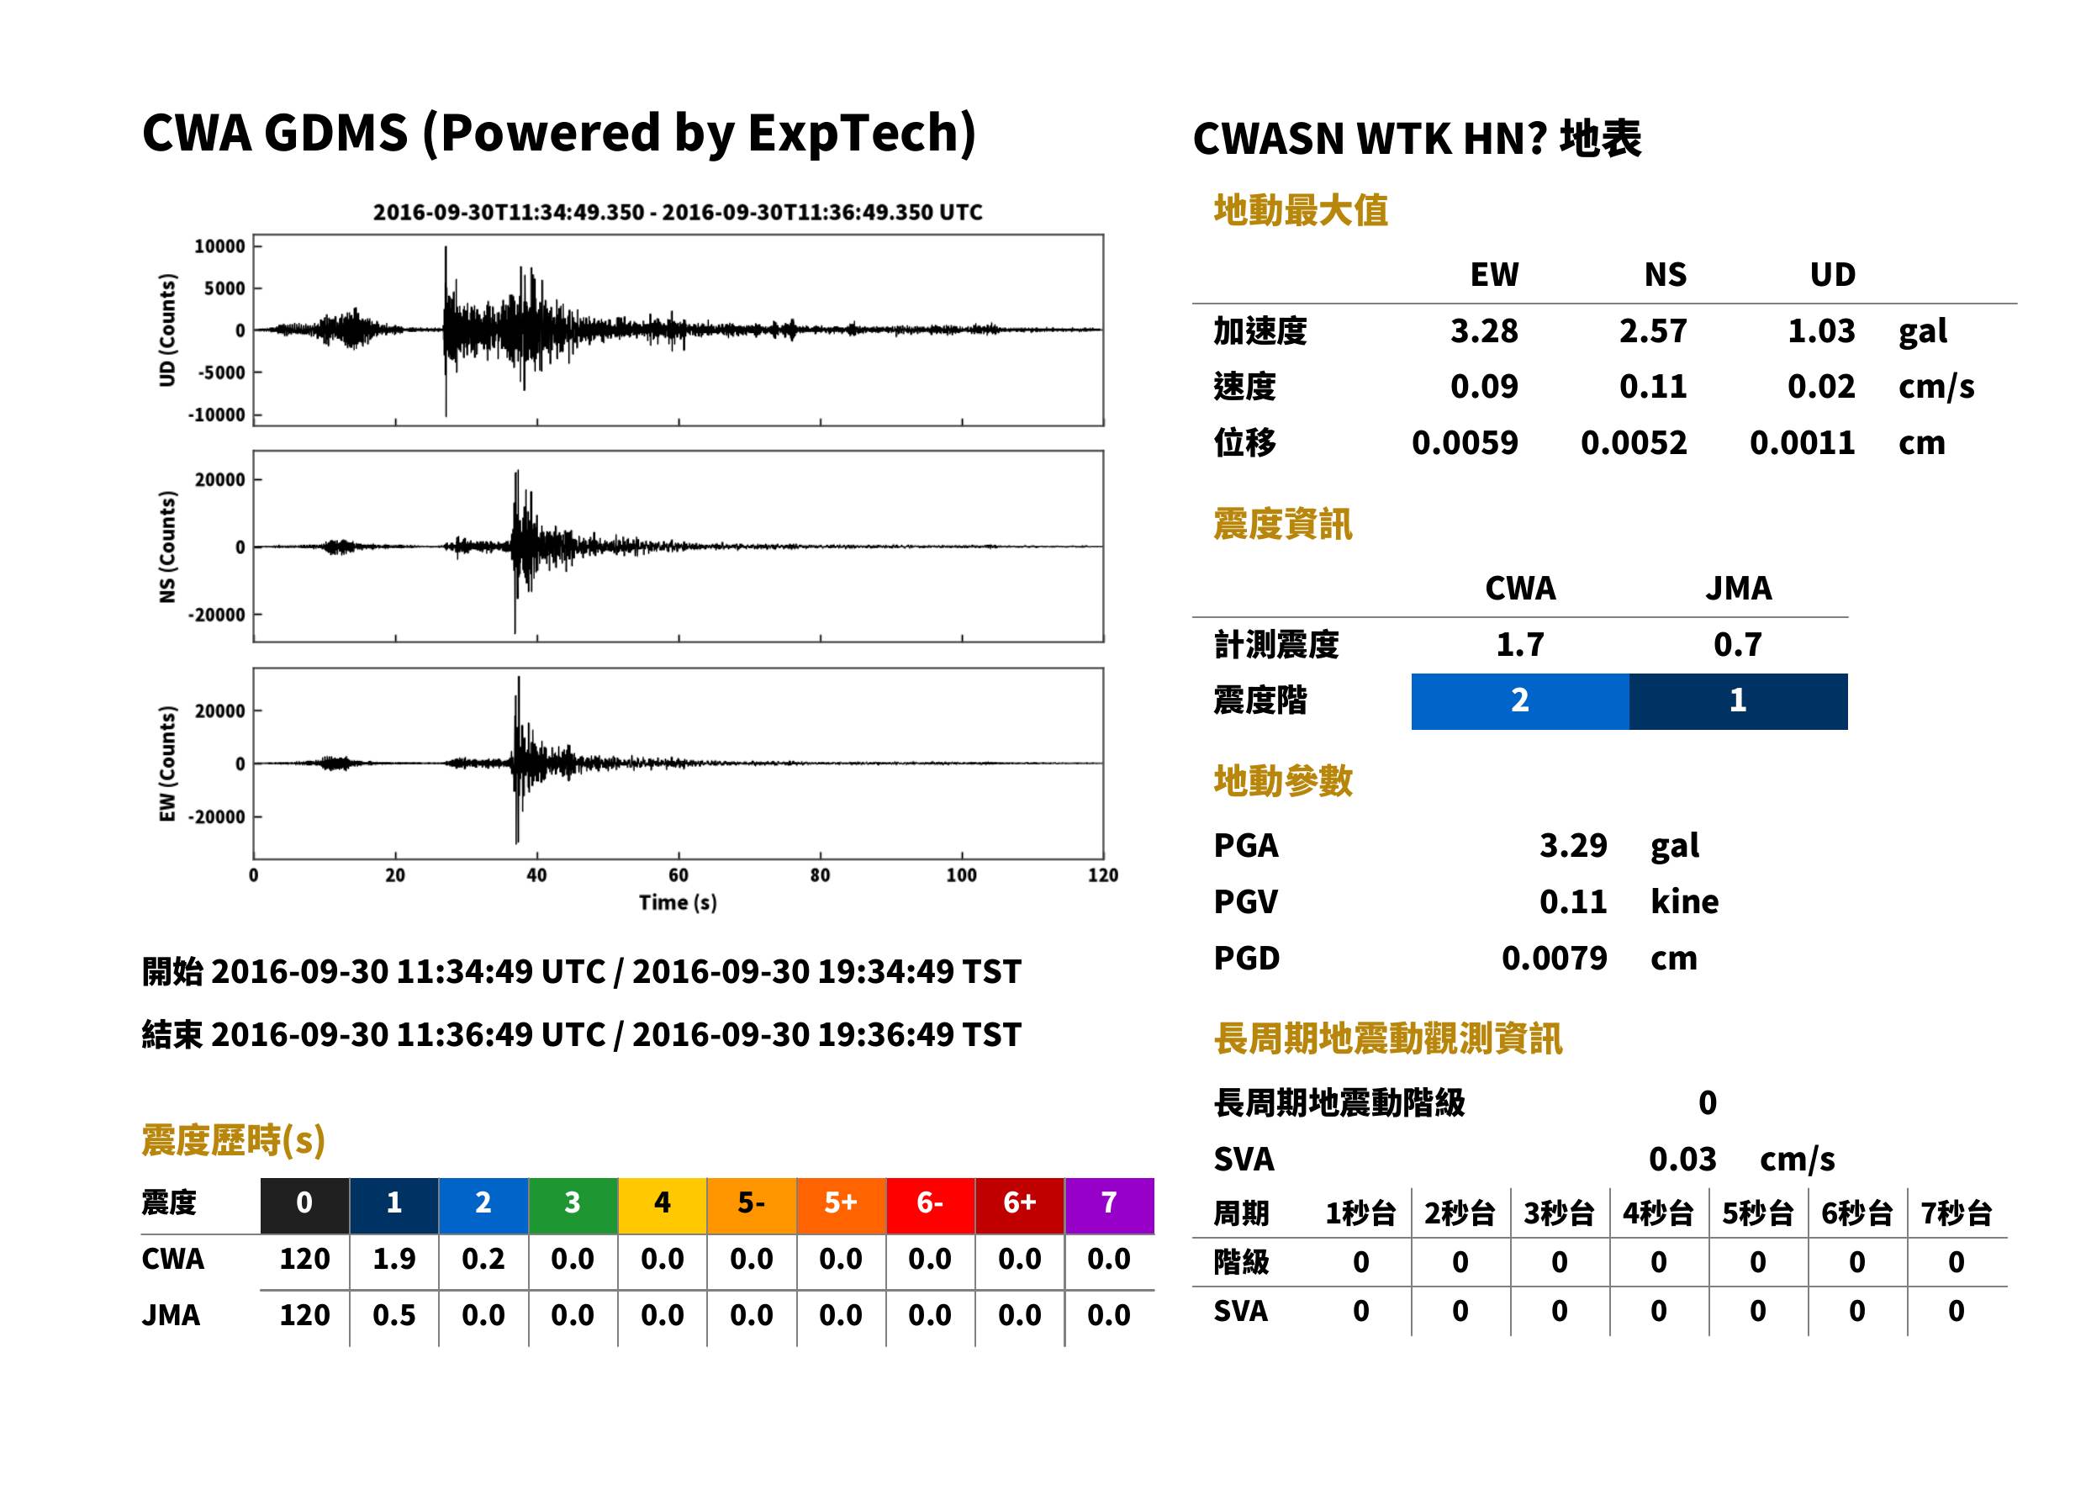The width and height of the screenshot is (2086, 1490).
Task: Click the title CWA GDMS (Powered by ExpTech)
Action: point(558,134)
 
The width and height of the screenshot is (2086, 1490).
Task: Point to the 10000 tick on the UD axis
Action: point(220,246)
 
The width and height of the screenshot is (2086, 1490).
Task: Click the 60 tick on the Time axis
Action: point(678,874)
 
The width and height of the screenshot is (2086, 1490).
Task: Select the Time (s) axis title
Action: point(678,903)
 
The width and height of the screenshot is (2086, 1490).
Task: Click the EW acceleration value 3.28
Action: point(1483,331)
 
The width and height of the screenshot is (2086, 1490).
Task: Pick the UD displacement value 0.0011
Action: point(1802,443)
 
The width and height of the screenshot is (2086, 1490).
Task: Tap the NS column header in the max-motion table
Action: point(1665,275)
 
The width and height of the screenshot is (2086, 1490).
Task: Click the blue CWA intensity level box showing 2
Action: point(1520,701)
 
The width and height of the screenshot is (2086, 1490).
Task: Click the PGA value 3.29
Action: point(1573,845)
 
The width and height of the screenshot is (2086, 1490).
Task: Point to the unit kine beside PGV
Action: point(1684,902)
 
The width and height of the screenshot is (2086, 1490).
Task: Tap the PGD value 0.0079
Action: point(1554,959)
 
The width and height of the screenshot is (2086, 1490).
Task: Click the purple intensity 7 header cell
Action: point(1109,1204)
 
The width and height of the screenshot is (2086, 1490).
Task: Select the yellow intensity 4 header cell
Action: point(663,1204)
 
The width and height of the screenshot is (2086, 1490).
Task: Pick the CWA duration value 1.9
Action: point(393,1260)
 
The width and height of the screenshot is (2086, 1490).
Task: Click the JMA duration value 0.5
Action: point(393,1316)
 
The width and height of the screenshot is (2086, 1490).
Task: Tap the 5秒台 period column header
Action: point(1757,1214)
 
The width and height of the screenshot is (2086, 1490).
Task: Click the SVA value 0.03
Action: point(1682,1160)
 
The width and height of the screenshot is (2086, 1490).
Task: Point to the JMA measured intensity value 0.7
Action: point(1737,645)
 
